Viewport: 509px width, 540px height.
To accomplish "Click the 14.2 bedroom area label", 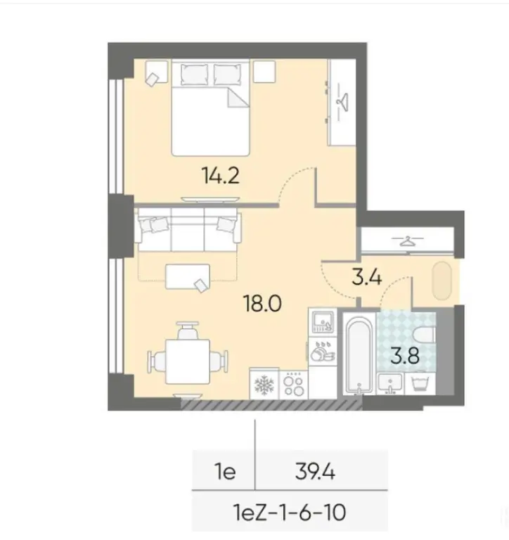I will (x=220, y=174).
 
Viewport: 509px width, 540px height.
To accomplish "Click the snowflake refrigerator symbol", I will (x=264, y=385).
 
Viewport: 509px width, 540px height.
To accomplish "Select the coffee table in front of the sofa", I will (x=187, y=276).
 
